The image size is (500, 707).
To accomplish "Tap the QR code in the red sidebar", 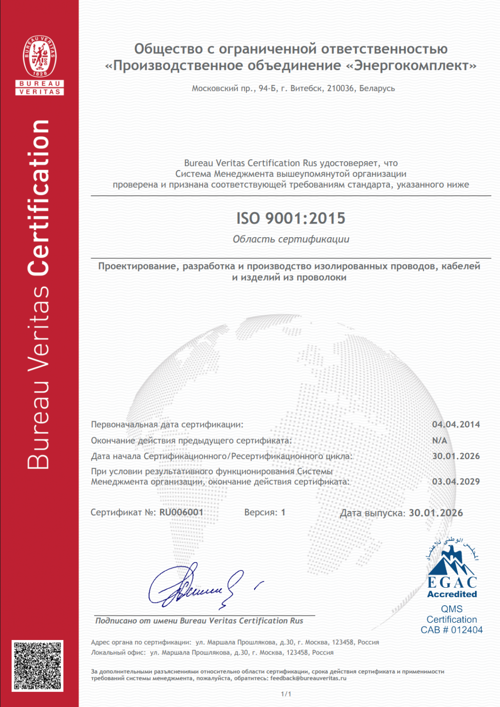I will pyautogui.click(x=38, y=666).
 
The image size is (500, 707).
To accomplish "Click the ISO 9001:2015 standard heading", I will pyautogui.click(x=291, y=218).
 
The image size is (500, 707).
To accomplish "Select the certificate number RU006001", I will pyautogui.click(x=181, y=512).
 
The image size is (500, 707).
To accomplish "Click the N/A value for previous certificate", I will pyautogui.click(x=440, y=440).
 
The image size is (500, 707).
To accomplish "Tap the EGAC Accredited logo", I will pyautogui.click(x=452, y=570).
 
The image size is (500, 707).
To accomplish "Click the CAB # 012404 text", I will pyautogui.click(x=451, y=630).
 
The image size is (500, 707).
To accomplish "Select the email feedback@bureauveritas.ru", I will pyautogui.click(x=308, y=678).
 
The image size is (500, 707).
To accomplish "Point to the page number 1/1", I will pyautogui.click(x=286, y=694).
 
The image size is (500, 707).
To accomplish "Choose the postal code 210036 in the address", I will pyautogui.click(x=340, y=88).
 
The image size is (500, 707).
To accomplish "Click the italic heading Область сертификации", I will pyautogui.click(x=291, y=239).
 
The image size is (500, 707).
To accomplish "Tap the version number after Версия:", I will pyautogui.click(x=283, y=512).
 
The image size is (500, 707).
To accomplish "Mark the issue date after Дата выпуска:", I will pyautogui.click(x=435, y=513).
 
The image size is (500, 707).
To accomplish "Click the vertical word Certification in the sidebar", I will pyautogui.click(x=39, y=198).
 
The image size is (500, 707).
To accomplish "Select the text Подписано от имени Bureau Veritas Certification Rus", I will pyautogui.click(x=199, y=621).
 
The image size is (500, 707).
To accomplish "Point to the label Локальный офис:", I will pyautogui.click(x=118, y=652).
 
